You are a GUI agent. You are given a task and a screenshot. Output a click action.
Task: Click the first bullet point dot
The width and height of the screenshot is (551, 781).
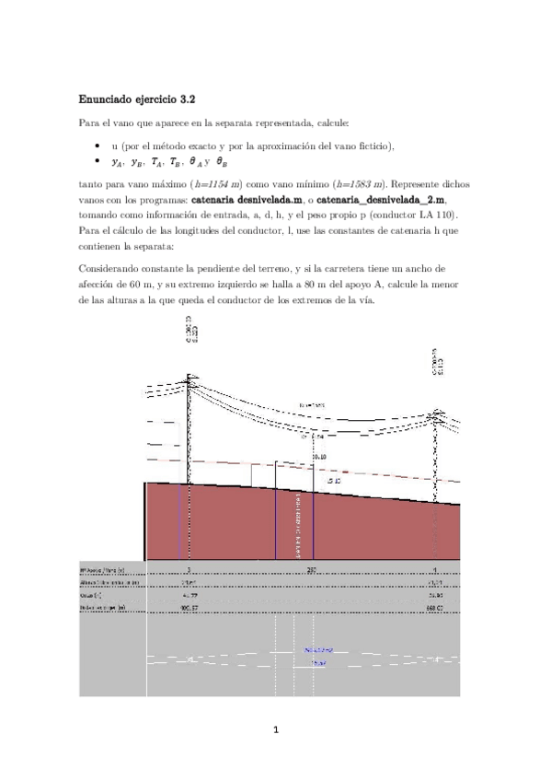point(98,147)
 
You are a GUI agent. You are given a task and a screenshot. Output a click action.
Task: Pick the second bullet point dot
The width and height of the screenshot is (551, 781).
point(98,162)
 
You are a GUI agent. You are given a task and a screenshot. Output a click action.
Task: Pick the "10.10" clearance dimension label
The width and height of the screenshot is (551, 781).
point(318,456)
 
